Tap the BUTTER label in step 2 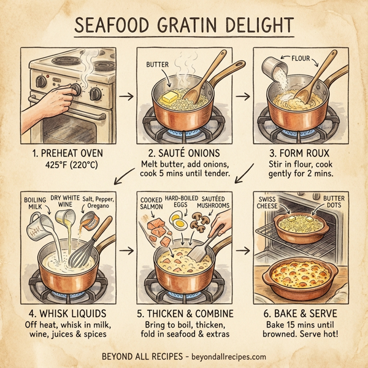click(x=157, y=64)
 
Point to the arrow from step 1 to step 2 click(x=125, y=96)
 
